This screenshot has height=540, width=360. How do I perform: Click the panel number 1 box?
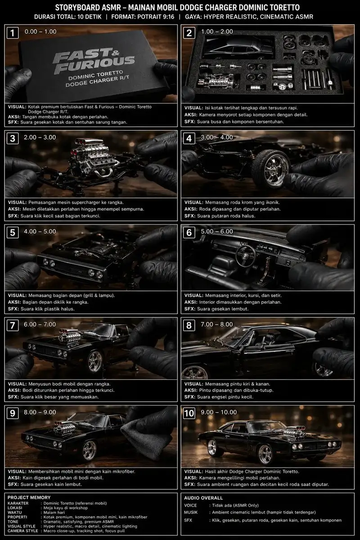coord(13,33)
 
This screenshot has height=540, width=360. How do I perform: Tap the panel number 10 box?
coord(189,413)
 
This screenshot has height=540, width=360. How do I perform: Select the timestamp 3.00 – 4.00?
coord(217,137)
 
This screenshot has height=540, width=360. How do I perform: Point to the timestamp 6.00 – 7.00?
coord(40,324)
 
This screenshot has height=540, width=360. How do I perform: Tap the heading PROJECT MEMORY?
coord(29,498)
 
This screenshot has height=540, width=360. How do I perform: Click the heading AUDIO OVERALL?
coord(203,498)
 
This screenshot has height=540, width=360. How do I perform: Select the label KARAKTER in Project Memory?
coord(18,504)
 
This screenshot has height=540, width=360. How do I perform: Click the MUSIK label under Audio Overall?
coord(191,512)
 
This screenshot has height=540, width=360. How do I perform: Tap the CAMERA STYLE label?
coord(22,531)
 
